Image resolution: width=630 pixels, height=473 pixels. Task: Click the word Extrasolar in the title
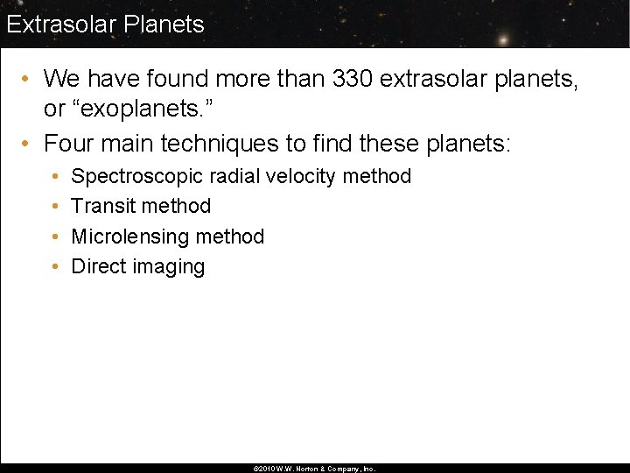point(61,24)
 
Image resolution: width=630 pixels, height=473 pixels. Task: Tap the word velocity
point(300,176)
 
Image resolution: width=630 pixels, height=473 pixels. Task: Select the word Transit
point(102,206)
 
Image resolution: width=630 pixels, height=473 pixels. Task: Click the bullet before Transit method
point(55,207)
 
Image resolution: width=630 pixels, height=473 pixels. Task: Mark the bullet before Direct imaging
point(55,267)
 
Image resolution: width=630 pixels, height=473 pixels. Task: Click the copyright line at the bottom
point(314,469)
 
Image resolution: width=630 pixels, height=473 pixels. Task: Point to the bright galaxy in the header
point(503,39)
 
